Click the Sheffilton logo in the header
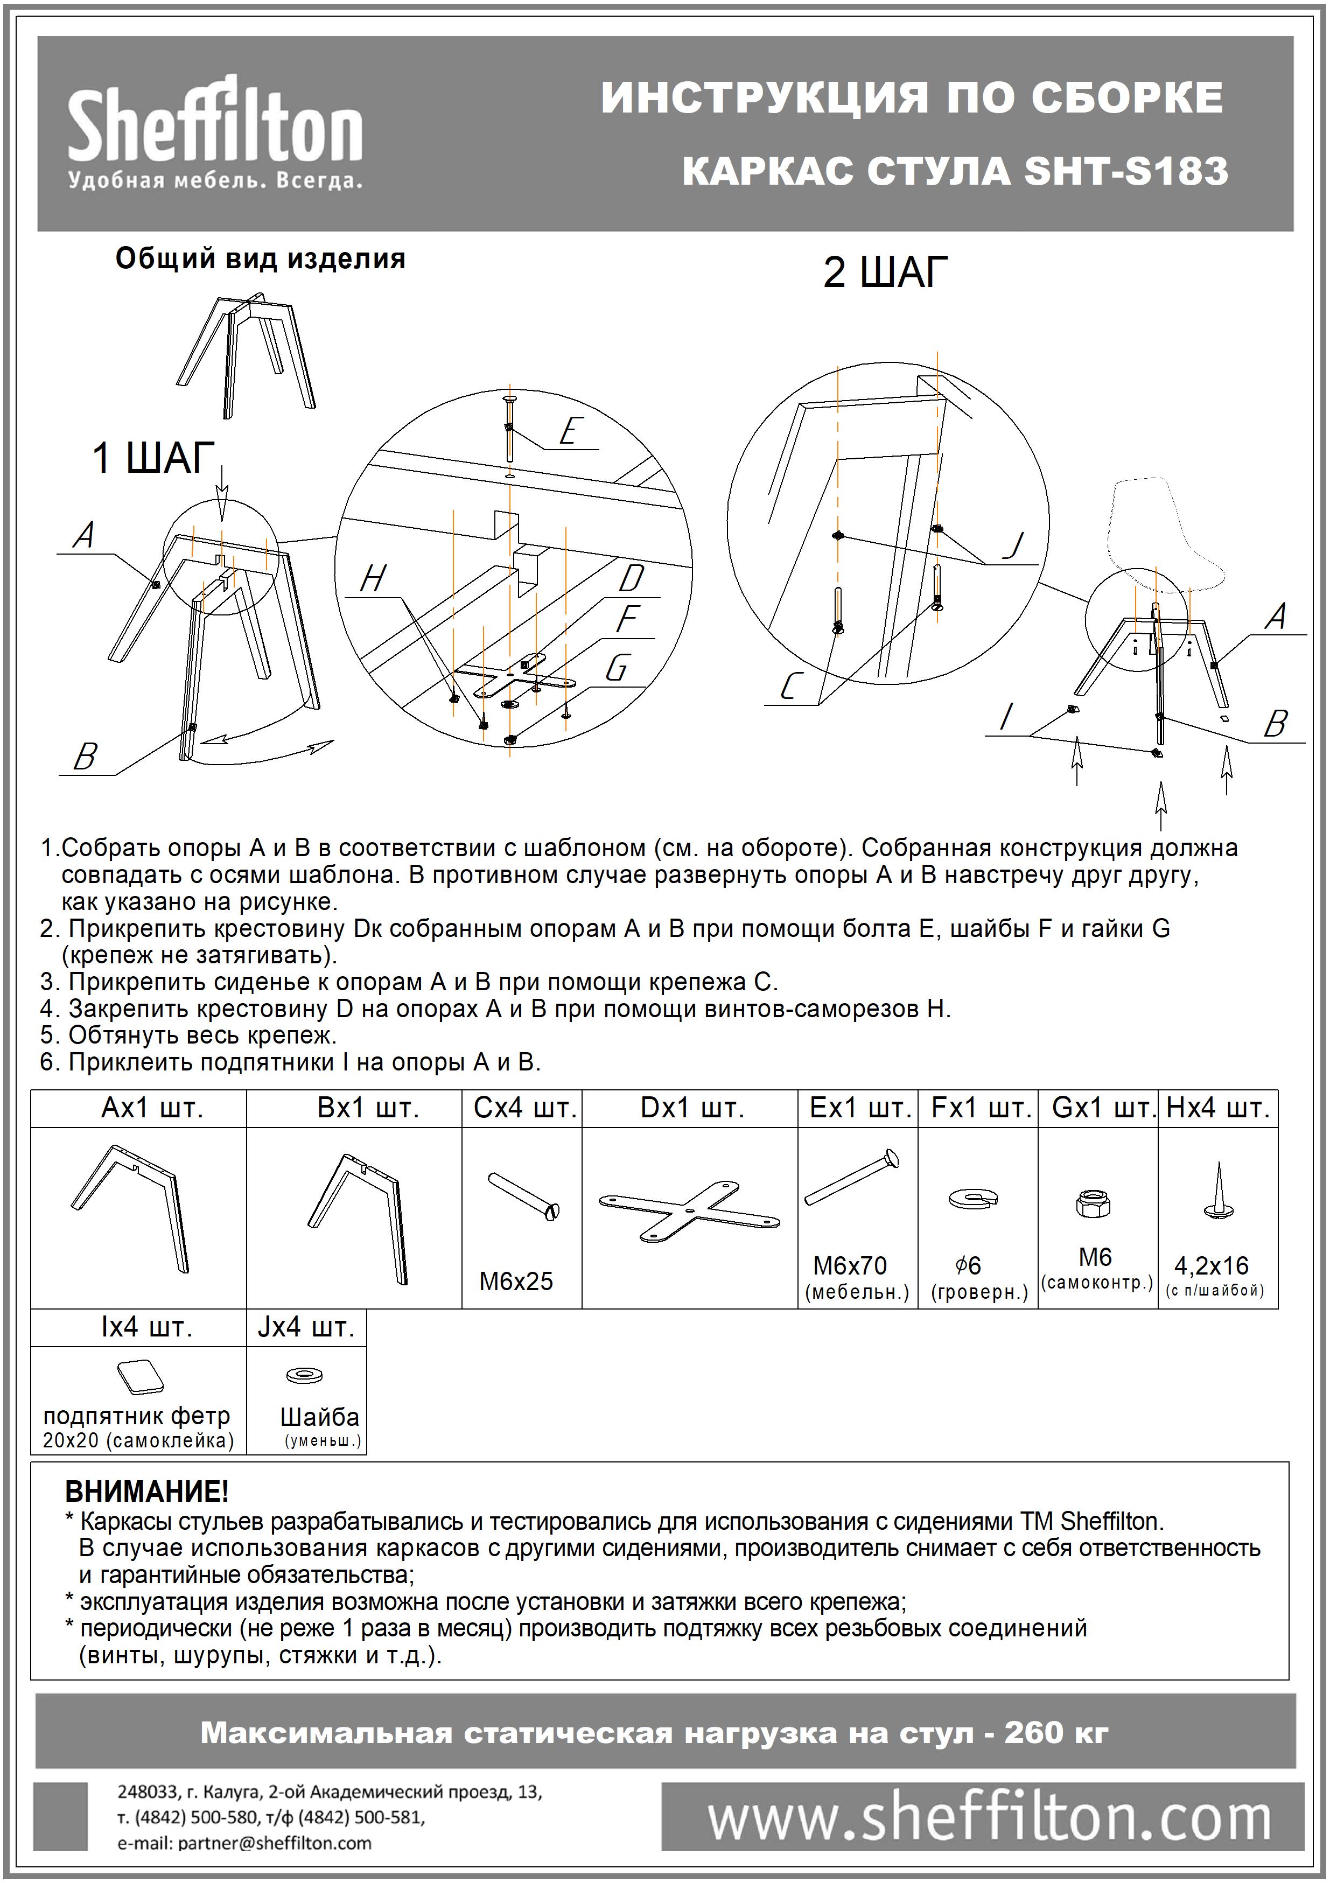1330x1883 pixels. (215, 131)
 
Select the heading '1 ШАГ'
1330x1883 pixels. (153, 458)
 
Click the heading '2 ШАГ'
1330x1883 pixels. (886, 272)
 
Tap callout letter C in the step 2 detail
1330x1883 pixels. (789, 685)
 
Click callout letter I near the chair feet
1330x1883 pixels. (1005, 718)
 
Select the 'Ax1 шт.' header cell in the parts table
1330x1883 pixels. (152, 1108)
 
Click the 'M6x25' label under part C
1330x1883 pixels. (516, 1281)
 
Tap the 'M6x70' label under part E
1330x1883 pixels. (850, 1265)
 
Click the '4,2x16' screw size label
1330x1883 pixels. (1212, 1265)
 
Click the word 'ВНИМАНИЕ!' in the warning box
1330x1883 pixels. (147, 1491)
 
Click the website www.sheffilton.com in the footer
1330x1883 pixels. (990, 1820)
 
